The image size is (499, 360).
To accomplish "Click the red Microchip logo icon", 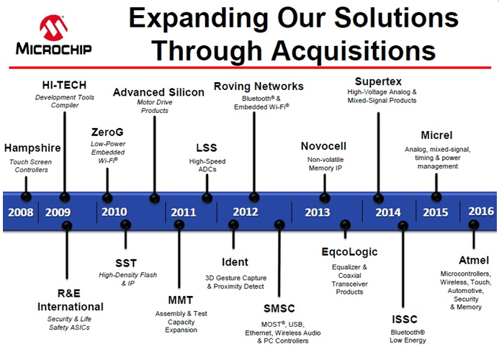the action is coord(53,27).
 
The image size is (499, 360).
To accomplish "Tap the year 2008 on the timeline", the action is coord(21,212).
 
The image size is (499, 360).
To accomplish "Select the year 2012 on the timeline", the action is coord(246,212).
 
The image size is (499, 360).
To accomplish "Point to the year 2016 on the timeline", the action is coord(481,211).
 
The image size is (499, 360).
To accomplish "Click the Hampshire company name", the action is coord(32,148).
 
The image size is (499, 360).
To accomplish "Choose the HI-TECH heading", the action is coord(64,85).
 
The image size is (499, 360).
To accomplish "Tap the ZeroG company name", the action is coord(107,132).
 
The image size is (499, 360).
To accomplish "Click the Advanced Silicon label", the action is coord(158,92).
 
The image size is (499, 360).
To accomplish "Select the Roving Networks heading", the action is coord(259,86).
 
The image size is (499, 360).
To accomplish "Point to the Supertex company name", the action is coord(378,81).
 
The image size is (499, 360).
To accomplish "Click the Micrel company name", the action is coord(436,135).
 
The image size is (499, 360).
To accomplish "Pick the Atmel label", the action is coord(474,260).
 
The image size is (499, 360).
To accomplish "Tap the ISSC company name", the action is coord(405,319).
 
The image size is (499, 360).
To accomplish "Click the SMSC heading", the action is coord(279,308).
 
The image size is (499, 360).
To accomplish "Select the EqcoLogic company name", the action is coord(349,252).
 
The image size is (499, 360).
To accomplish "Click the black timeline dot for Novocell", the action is coord(325,198).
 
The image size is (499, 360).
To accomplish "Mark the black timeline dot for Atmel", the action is coord(474,225).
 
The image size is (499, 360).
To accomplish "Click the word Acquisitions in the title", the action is coord(354,51).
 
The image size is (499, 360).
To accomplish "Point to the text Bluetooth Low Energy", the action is coord(408,336).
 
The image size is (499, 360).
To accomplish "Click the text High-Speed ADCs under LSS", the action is coord(207,165).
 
